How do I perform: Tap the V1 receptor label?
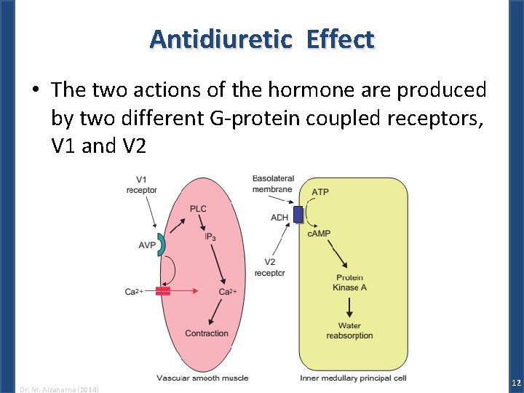pos(141,186)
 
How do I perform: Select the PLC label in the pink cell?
pos(198,209)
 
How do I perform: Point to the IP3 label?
pos(209,237)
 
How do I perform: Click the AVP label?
pos(147,245)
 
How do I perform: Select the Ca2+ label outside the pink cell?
pos(134,292)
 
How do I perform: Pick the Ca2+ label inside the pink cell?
pos(228,292)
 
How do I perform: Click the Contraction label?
pos(207,333)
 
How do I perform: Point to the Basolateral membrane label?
pos(273,184)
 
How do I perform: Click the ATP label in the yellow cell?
pos(320,192)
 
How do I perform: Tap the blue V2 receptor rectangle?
pos(298,214)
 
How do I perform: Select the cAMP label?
pos(319,234)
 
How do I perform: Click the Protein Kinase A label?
pos(349,282)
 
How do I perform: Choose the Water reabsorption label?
pos(349,330)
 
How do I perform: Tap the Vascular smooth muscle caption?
pos(202,378)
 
